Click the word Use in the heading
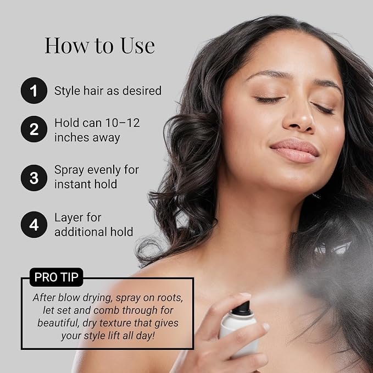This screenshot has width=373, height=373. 138,46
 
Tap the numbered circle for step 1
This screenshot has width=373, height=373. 34,91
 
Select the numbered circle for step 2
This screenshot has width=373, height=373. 34,129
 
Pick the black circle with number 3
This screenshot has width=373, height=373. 34,177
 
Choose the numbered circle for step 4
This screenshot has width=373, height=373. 34,225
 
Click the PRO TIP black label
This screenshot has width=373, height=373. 57,277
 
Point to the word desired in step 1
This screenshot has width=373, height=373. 142,91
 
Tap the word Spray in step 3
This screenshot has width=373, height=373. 69,170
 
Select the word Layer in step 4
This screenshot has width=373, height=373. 69,218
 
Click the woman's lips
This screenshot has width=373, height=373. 294,150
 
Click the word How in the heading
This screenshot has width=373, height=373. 67,46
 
